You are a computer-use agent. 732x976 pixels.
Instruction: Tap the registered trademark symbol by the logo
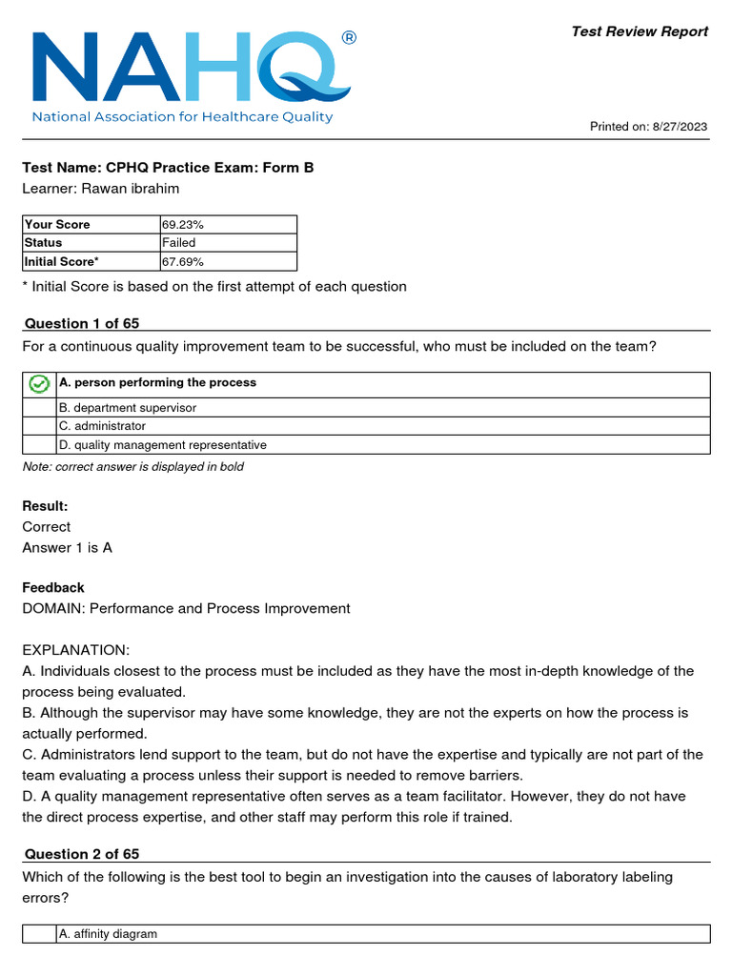(348, 38)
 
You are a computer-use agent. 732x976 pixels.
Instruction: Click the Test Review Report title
(640, 31)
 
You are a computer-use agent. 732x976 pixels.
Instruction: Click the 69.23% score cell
(183, 225)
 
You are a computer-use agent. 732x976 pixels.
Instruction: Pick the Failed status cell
(179, 243)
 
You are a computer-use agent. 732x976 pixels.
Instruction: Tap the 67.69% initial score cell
(183, 261)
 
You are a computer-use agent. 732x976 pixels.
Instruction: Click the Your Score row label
(57, 225)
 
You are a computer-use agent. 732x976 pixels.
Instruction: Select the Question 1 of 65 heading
(82, 323)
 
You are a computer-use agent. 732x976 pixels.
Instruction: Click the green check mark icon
(39, 384)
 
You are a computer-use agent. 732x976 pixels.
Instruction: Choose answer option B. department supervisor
(128, 408)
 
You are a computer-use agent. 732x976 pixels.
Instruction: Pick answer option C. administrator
(103, 426)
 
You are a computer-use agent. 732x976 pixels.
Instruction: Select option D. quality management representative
(163, 445)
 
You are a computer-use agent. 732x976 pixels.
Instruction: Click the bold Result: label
(45, 506)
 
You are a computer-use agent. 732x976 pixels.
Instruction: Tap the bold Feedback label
(53, 588)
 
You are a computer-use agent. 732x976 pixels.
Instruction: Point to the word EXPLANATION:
(75, 650)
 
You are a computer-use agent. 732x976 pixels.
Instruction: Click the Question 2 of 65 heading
(82, 854)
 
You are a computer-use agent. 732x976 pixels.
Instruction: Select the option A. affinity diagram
(108, 935)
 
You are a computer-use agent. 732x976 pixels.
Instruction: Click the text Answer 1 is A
(67, 548)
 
